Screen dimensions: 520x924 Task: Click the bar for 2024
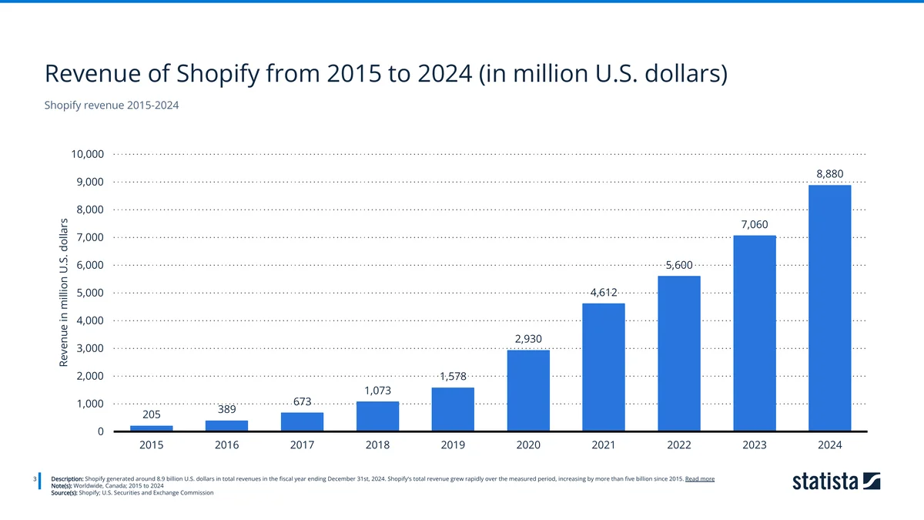click(x=829, y=308)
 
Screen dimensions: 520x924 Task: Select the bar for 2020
click(x=528, y=391)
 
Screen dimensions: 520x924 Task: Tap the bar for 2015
click(x=151, y=428)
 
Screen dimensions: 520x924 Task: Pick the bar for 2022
click(x=679, y=354)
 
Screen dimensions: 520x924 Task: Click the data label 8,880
click(x=829, y=174)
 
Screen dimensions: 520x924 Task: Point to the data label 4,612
click(x=604, y=292)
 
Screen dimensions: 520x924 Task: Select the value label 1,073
click(x=377, y=391)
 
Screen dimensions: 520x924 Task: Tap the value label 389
click(x=226, y=409)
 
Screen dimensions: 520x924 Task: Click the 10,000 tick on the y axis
click(x=87, y=154)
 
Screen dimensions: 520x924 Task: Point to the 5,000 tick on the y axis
click(x=90, y=293)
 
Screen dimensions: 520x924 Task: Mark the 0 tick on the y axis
click(x=101, y=431)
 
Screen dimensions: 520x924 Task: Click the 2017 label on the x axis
click(x=302, y=445)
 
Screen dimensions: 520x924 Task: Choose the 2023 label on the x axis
click(x=755, y=445)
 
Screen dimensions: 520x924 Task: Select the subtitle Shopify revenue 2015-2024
click(x=112, y=105)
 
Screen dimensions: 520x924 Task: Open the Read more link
click(x=699, y=478)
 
